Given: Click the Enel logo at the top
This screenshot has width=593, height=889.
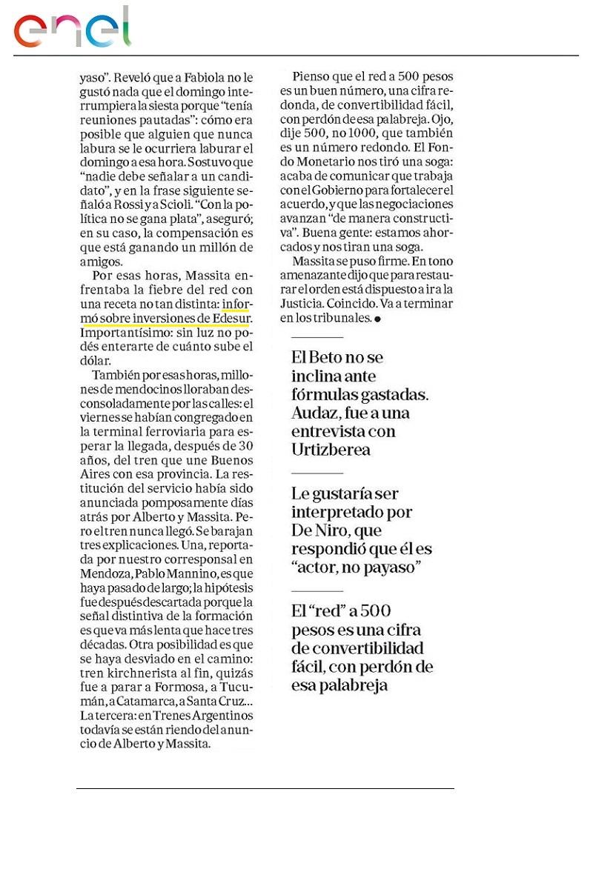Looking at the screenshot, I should tap(72, 28).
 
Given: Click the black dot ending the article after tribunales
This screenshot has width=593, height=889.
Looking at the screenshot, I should tap(377, 319).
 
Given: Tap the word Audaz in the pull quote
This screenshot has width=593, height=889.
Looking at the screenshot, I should tap(317, 413).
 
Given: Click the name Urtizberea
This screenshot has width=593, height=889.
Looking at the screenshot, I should tap(331, 450).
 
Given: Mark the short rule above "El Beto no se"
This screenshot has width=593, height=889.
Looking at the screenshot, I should tap(317, 337).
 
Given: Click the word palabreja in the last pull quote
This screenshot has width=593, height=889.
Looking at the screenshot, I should tap(351, 686).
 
